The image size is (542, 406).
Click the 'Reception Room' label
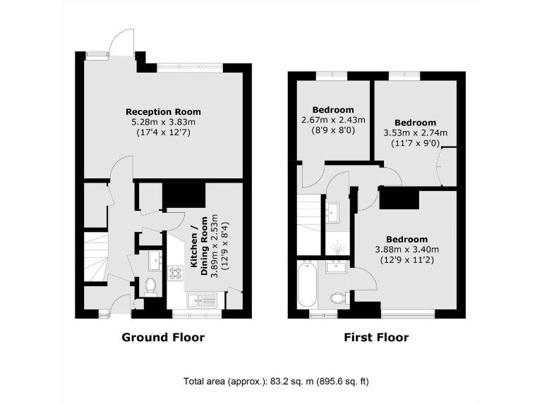click(163, 111)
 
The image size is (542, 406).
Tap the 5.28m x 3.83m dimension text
click(163, 122)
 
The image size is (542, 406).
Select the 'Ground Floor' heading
click(163, 337)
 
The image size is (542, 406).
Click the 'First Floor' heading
click(376, 337)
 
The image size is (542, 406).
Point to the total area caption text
click(276, 381)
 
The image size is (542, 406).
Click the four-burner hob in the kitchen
click(174, 272)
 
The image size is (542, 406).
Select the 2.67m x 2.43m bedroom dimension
click(333, 120)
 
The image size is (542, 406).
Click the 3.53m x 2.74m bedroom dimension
click(415, 133)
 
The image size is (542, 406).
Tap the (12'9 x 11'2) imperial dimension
click(409, 259)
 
